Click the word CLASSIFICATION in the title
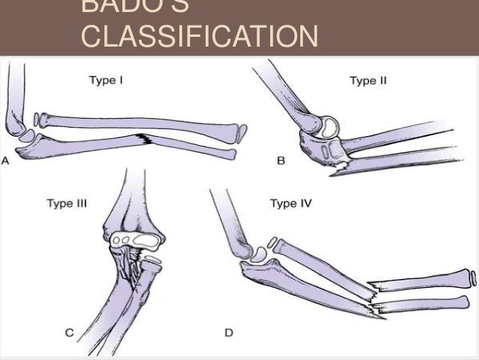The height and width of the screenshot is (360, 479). coord(197,36)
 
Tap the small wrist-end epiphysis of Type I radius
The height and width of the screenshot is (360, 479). coord(240,135)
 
